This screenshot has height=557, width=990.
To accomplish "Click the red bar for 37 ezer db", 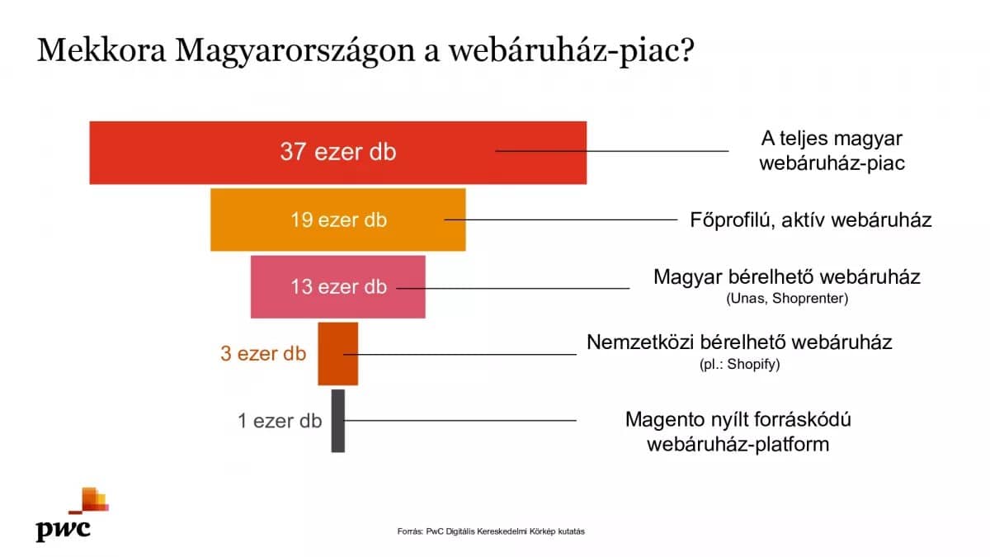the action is coord(338,153).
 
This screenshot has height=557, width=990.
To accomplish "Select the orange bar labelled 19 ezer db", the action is coord(338,219).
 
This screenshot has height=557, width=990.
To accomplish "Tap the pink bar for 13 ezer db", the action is coord(338,287).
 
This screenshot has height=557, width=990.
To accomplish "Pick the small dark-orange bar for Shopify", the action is coord(338,354).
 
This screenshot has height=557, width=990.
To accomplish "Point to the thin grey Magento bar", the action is coord(338,421).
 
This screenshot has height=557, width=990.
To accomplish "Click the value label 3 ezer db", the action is coord(263,354).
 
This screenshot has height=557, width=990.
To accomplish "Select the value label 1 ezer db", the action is coord(280,421).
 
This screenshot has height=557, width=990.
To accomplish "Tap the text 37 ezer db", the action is coord(338,152).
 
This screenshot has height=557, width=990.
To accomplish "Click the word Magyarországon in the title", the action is coord(295,52).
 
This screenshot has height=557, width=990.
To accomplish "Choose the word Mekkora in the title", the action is coord(101,50).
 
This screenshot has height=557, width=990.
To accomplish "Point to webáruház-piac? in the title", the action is coord(572,52).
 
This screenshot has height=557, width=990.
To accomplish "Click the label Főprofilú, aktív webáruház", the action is coord(811,220).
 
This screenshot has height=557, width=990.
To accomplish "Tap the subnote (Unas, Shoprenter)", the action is coord(787,299).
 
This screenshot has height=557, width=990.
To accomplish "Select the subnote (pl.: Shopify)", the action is coord(739,364).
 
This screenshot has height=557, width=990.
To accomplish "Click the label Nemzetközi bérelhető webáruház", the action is coord(739,342).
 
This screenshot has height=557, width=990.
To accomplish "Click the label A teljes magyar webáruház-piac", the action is coord(832,151).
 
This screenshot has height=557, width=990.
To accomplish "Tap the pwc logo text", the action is coord(64,530).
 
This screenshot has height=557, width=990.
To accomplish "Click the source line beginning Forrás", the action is coord(491,531).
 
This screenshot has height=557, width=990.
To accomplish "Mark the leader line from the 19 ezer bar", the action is coord(561,219).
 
